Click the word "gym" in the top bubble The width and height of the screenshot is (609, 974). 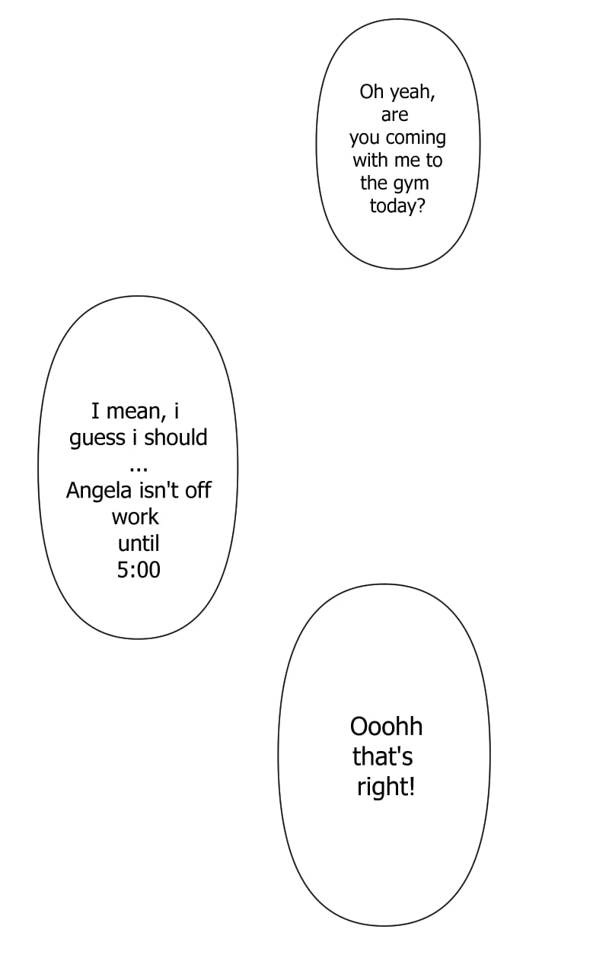pos(411,184)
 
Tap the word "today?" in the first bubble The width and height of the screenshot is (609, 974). pos(397,206)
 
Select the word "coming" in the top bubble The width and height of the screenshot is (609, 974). pos(416,138)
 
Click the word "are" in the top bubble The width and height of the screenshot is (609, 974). pos(395,116)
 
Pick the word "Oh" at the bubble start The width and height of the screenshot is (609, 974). pos(371,92)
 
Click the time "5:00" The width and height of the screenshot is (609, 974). pos(139,570)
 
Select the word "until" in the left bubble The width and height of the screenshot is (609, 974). pos(139,543)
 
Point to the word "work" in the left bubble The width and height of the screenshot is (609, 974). pos(136,517)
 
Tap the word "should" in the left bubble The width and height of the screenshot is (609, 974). pos(176,438)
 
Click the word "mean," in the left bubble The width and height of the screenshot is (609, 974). pos(136,412)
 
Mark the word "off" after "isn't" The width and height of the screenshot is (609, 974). pos(198,491)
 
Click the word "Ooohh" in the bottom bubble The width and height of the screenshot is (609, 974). pos(386,727)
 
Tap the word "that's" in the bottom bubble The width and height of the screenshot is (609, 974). pos(382,757)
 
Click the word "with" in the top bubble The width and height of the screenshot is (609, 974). pos(370,161)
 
